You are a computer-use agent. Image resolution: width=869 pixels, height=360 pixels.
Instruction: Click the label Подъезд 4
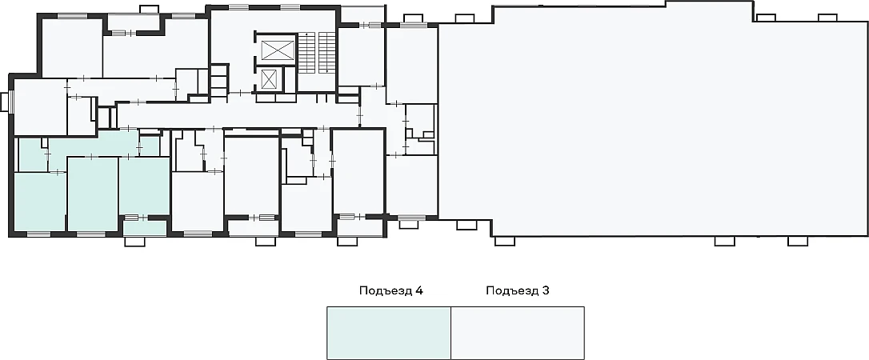coord(391,290)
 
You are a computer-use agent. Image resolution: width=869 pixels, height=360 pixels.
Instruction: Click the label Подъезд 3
coord(518,290)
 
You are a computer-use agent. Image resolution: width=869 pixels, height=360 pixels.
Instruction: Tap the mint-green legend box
coord(389,333)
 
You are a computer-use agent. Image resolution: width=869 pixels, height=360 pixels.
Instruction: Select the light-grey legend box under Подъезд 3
coord(518,333)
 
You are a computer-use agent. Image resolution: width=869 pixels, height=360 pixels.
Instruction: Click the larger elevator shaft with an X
coord(278,50)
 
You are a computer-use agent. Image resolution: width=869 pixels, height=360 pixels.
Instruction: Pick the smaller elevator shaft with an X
coord(270,79)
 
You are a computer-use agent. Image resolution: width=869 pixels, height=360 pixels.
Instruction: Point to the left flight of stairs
coord(306,52)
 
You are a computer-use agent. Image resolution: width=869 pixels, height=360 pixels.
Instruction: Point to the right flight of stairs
coord(327,52)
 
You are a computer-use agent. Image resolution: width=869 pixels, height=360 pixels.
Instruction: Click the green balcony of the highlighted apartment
coord(145,228)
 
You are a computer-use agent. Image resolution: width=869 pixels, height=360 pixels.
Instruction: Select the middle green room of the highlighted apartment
coord(93,194)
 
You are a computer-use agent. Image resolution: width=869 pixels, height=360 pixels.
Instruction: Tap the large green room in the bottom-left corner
coord(39,202)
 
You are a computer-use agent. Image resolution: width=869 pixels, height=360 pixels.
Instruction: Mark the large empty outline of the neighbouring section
coord(653,122)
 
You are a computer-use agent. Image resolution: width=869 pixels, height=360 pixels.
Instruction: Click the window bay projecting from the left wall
coord(5,102)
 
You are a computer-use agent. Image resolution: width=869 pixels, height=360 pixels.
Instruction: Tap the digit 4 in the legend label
coord(420,290)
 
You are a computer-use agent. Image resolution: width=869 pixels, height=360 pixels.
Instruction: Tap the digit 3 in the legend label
coord(546,290)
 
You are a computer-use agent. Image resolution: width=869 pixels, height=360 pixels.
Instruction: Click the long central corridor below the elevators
coord(238,115)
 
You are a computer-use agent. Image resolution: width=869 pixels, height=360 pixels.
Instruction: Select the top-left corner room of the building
coord(72,48)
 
